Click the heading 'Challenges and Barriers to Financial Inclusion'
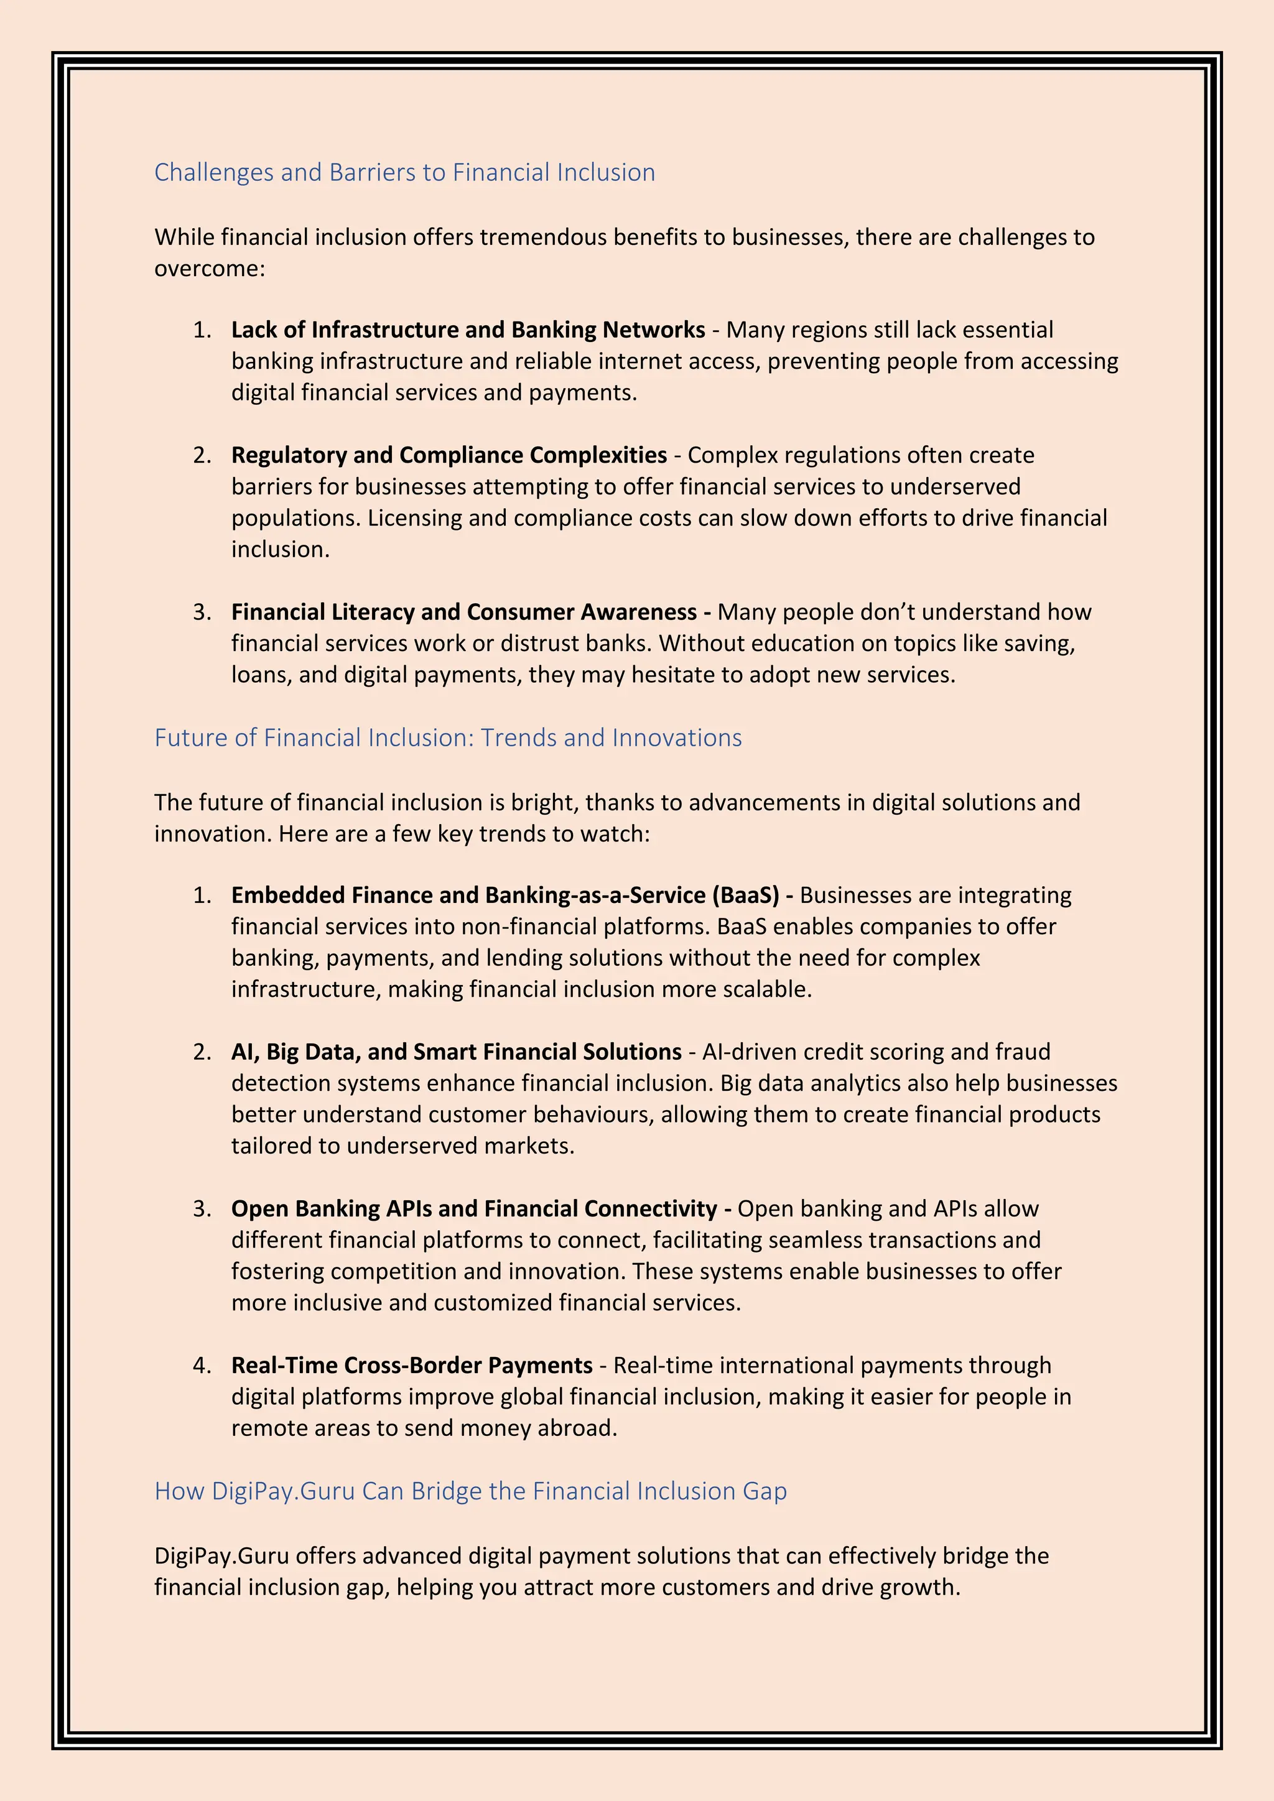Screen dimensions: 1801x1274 pos(404,172)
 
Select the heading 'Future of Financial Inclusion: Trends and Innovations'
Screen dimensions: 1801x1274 pos(447,738)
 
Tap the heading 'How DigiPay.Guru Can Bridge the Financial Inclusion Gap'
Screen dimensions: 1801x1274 pos(470,1491)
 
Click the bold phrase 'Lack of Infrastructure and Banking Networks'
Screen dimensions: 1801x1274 pos(468,330)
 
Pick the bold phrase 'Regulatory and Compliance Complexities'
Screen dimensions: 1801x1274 pos(449,456)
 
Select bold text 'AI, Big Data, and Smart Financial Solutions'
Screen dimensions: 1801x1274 pos(456,1052)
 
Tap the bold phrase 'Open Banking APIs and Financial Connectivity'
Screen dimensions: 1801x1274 pos(474,1209)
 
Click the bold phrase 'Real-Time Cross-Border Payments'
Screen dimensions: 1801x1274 pos(411,1366)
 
